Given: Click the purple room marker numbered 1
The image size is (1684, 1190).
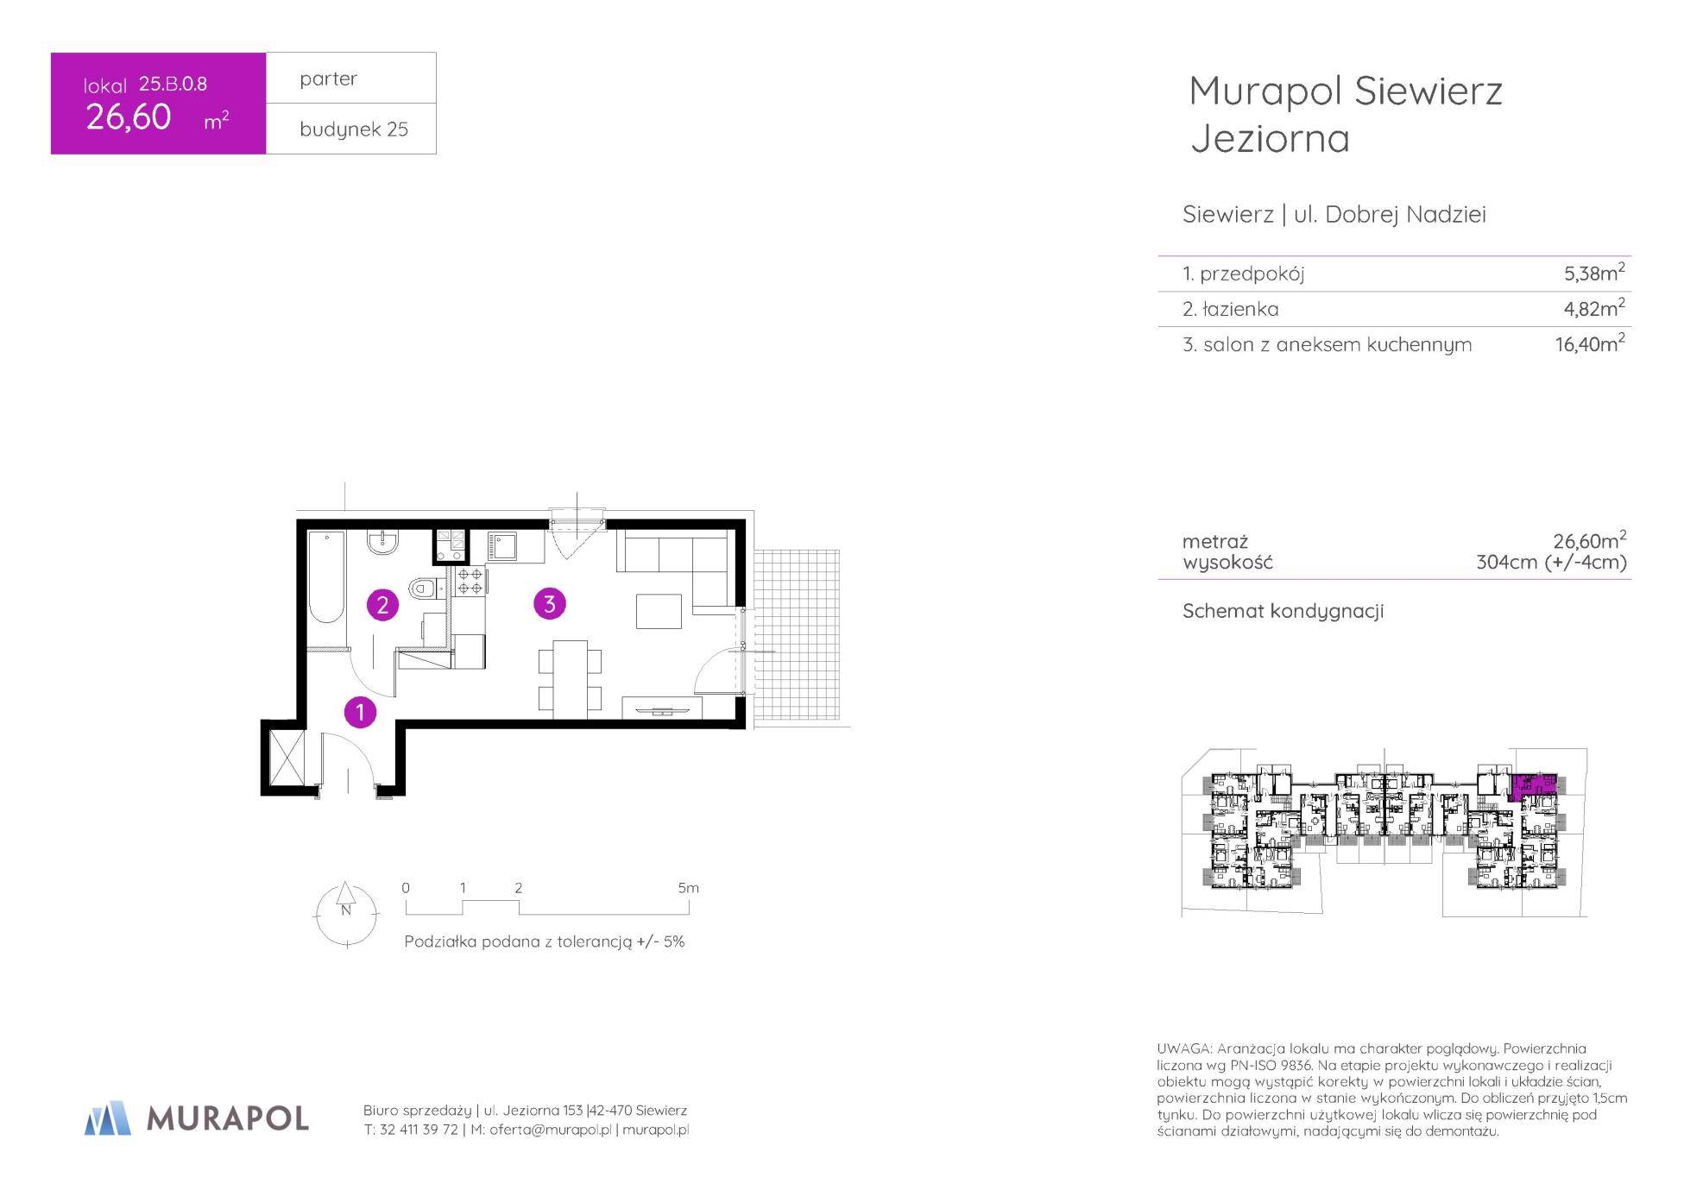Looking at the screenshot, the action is (x=360, y=713).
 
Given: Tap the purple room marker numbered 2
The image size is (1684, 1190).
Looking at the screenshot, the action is (x=382, y=605).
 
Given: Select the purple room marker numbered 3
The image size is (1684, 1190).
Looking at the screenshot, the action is (x=550, y=604).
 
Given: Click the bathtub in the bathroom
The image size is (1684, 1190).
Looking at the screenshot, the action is (x=326, y=576).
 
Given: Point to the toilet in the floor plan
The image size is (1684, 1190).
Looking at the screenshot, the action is (x=424, y=589).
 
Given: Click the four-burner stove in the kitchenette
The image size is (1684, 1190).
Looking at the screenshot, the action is (x=470, y=581).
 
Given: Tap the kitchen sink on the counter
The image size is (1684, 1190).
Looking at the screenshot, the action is (x=503, y=546).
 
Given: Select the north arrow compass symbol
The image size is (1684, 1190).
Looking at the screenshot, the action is (x=346, y=914).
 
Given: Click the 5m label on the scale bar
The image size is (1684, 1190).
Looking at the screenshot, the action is (x=688, y=888).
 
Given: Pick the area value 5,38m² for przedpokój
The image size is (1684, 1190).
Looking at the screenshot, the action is (x=1594, y=273).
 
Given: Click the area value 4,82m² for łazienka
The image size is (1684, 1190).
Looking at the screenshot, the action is (x=1594, y=308).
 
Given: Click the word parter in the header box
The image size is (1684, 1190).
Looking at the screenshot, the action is (x=328, y=79).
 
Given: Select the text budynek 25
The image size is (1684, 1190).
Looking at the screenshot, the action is (x=354, y=129).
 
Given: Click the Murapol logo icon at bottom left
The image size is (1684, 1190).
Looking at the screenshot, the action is (x=108, y=1118).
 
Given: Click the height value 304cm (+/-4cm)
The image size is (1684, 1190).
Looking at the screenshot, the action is (x=1551, y=563).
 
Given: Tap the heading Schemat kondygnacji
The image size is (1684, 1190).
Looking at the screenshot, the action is (x=1283, y=611).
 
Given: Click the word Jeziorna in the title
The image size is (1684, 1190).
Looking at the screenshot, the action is (x=1270, y=139).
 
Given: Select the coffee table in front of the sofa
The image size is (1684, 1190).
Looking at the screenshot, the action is (x=659, y=611).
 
